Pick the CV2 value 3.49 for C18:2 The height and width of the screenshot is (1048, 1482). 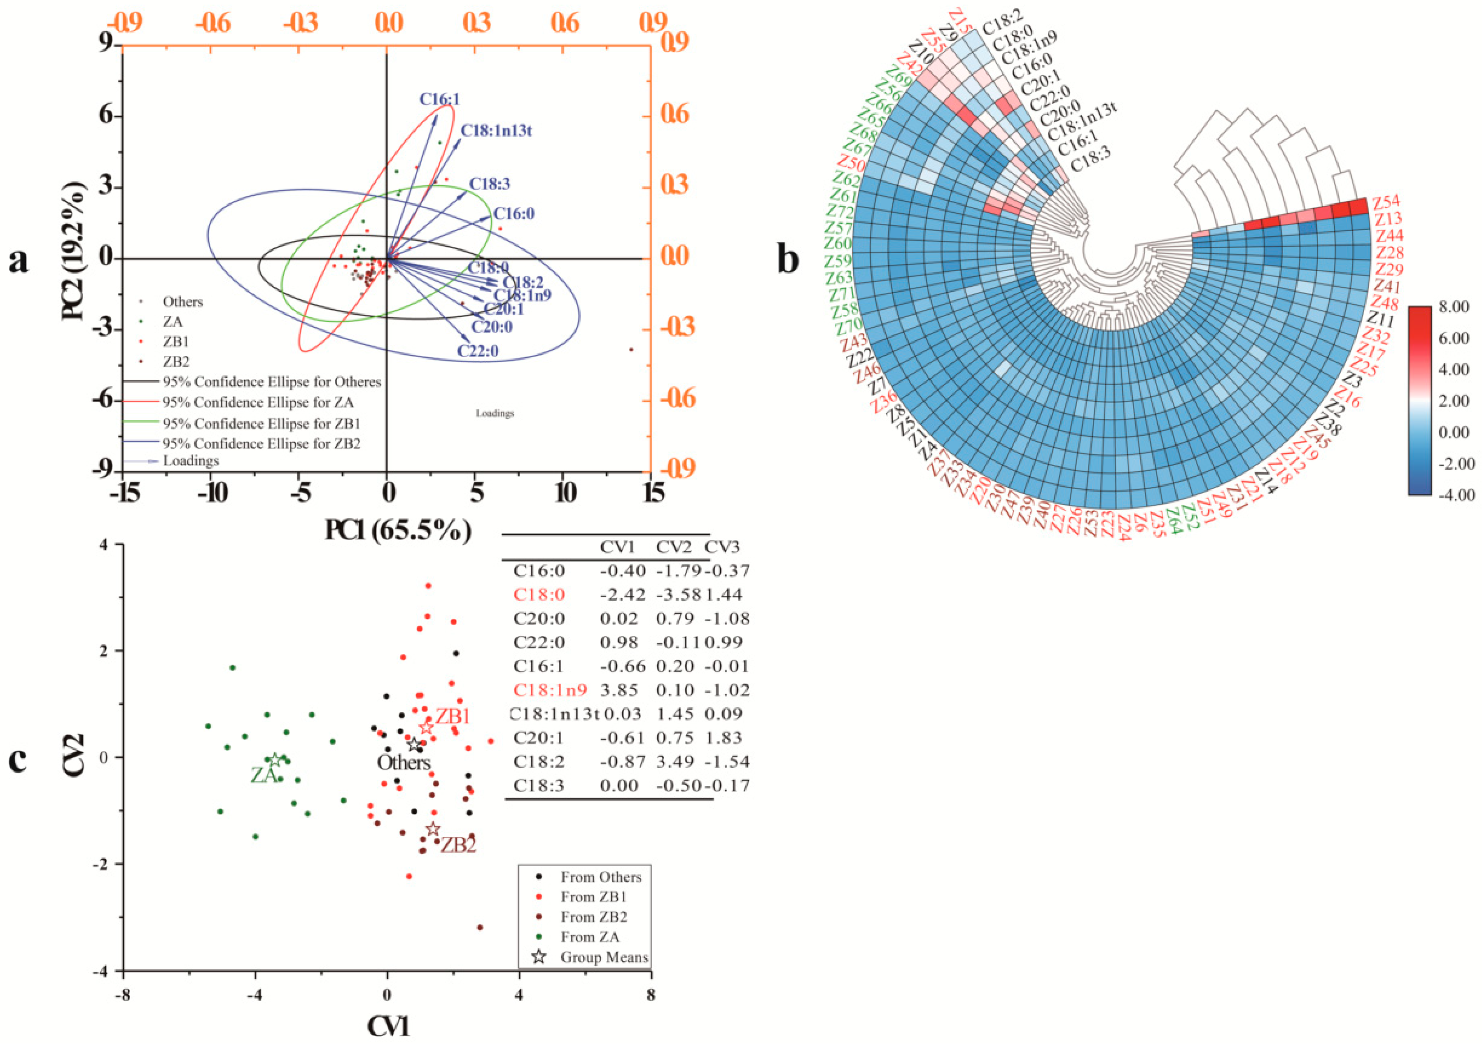point(675,762)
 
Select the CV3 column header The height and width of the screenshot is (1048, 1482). point(722,547)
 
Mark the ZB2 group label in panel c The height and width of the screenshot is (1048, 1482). point(458,845)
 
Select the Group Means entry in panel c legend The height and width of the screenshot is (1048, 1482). point(604,957)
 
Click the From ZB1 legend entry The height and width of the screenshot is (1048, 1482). point(593,897)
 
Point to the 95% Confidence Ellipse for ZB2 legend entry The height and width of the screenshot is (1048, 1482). point(261,444)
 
